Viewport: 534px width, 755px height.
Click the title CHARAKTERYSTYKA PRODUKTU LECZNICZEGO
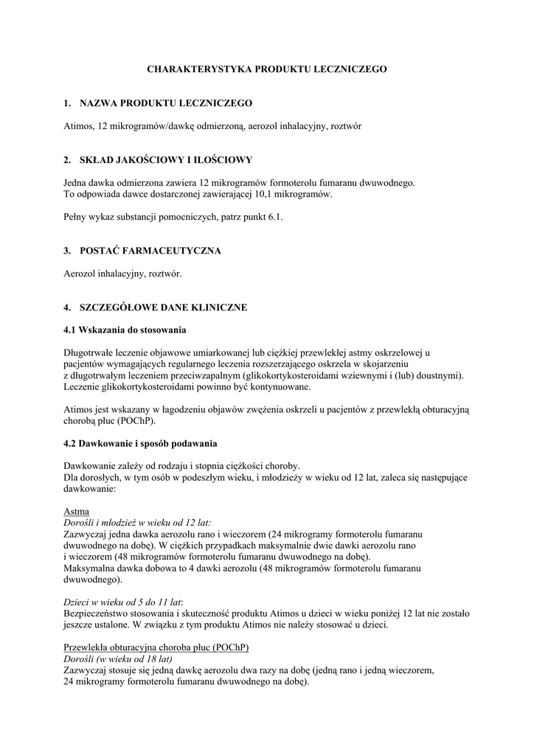point(267,69)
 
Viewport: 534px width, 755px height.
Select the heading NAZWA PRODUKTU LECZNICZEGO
point(166,102)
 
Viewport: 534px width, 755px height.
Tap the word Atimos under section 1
point(78,126)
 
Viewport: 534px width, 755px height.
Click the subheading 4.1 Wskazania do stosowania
point(125,330)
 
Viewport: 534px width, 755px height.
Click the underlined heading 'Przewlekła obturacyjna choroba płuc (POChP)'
point(156,647)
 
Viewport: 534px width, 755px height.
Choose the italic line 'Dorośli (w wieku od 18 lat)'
point(118,658)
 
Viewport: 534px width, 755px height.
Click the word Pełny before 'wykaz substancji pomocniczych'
point(76,217)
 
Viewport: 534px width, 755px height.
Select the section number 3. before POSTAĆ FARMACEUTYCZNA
point(67,251)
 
